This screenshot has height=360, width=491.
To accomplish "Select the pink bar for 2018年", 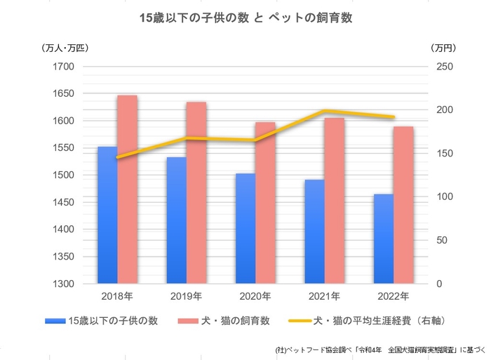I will [x=127, y=189].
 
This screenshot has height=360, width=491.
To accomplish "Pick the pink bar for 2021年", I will [x=335, y=201].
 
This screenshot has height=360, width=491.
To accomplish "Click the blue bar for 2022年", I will [x=384, y=239].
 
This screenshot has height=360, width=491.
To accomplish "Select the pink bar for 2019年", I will [x=196, y=193].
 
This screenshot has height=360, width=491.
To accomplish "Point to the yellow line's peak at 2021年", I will [x=325, y=111].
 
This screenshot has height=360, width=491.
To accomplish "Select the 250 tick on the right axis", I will [x=446, y=67].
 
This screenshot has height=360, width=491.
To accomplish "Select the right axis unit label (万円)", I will [x=443, y=48].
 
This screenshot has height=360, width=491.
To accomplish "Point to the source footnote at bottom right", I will [x=383, y=349].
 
